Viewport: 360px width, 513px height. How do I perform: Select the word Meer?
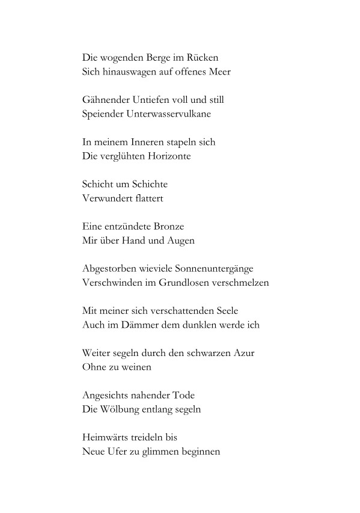(x=219, y=72)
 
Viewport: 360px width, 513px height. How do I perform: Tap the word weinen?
(x=135, y=366)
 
